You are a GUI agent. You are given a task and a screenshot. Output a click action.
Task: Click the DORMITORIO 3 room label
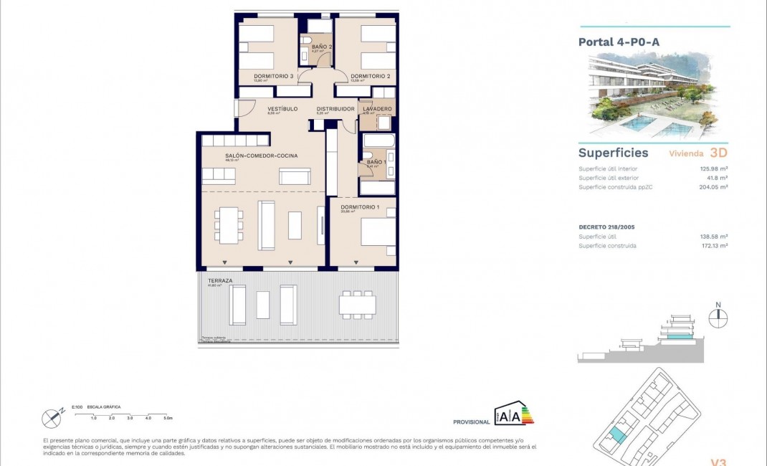pyautogui.click(x=274, y=76)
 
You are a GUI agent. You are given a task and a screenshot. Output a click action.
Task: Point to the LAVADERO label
pyautogui.click(x=378, y=109)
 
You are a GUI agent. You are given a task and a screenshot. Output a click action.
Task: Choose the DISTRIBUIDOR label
pyautogui.click(x=335, y=109)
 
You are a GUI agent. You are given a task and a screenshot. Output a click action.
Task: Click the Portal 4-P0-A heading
pyautogui.click(x=619, y=42)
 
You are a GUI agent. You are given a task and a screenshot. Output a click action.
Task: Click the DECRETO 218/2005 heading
pyautogui.click(x=606, y=227)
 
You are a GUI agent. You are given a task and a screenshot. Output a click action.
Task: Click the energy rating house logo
pyautogui.click(x=513, y=414)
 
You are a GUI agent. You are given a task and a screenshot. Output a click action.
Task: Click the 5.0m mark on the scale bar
pyautogui.click(x=167, y=417)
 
